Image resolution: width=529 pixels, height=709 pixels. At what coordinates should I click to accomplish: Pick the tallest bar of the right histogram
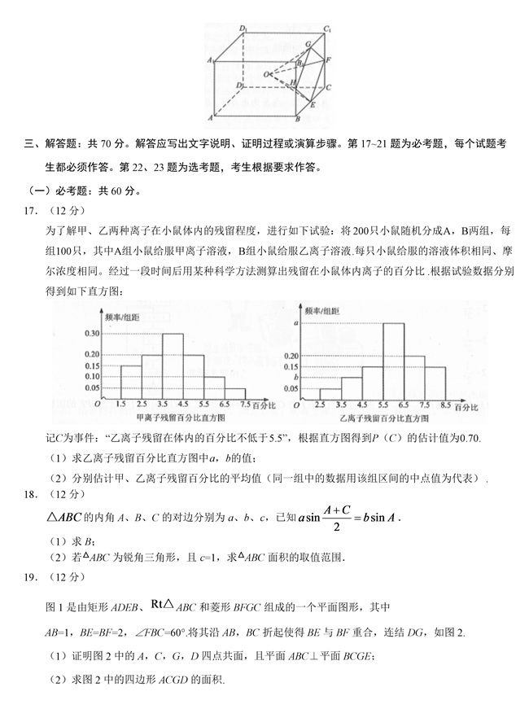click(x=393, y=359)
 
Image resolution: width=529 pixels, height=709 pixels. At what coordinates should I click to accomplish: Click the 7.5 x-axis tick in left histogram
click(x=244, y=404)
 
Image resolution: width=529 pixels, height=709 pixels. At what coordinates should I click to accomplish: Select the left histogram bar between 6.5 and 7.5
click(x=234, y=392)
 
